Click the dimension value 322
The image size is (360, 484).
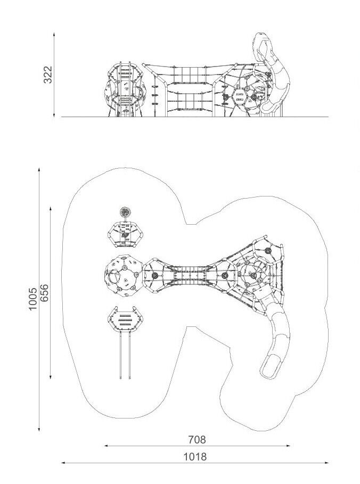pyautogui.click(x=48, y=75)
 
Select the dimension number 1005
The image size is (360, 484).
pyautogui.click(x=32, y=299)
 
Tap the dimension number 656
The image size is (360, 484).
pyautogui.click(x=44, y=293)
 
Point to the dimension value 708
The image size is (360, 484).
pyautogui.click(x=197, y=439)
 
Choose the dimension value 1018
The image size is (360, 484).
pyautogui.click(x=195, y=456)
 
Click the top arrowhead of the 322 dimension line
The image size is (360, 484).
pyautogui.click(x=54, y=34)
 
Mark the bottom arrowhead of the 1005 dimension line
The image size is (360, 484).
pyautogui.click(x=39, y=429)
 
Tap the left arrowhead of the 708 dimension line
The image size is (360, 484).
pyautogui.click(x=106, y=446)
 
